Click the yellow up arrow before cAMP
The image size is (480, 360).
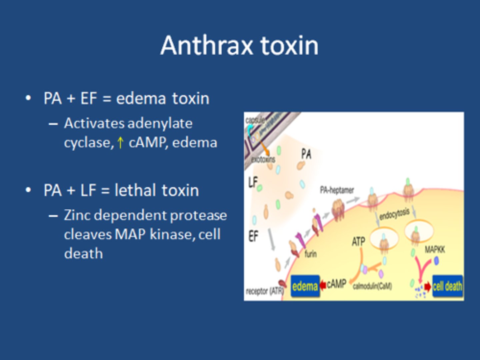(120, 143)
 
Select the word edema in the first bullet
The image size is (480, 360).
(141, 99)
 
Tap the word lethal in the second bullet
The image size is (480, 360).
(135, 191)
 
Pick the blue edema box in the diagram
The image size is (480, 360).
(305, 286)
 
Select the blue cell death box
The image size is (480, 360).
(447, 286)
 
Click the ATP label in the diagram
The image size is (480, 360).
(358, 241)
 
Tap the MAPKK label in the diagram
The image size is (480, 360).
(435, 249)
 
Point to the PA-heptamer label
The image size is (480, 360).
(337, 190)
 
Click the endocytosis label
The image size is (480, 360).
(394, 214)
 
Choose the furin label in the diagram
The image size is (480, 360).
(310, 254)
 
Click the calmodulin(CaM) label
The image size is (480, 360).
(372, 286)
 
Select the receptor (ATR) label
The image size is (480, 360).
(264, 291)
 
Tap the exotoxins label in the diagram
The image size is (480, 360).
(263, 159)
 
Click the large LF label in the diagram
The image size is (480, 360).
(253, 182)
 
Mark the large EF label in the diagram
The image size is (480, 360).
(253, 236)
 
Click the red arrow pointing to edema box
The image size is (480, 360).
(323, 285)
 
